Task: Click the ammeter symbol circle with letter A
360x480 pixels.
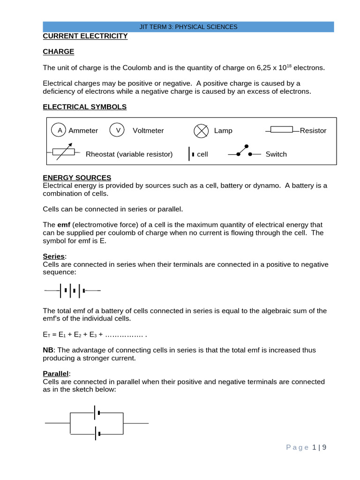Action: click(x=59, y=130)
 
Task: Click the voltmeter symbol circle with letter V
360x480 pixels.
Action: click(x=117, y=130)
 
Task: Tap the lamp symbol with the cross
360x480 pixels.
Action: click(x=201, y=131)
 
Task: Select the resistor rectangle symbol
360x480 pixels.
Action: click(x=282, y=130)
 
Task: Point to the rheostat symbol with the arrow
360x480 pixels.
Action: click(x=63, y=152)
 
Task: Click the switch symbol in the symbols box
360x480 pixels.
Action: click(x=243, y=152)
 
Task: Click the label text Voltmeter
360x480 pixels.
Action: click(x=148, y=131)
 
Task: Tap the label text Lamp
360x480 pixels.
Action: click(x=223, y=131)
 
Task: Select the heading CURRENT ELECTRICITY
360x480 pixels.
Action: click(x=85, y=36)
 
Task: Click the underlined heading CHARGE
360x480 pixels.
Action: click(x=59, y=52)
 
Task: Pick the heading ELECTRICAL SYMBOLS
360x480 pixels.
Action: click(x=85, y=107)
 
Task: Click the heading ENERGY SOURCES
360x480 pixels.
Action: click(x=77, y=178)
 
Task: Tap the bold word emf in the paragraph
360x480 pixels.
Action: click(x=64, y=225)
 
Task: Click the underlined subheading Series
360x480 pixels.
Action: click(x=54, y=256)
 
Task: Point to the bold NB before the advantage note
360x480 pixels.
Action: click(x=49, y=350)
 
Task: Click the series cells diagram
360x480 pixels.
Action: click(x=72, y=291)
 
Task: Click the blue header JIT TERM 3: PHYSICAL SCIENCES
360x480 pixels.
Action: click(x=188, y=27)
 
